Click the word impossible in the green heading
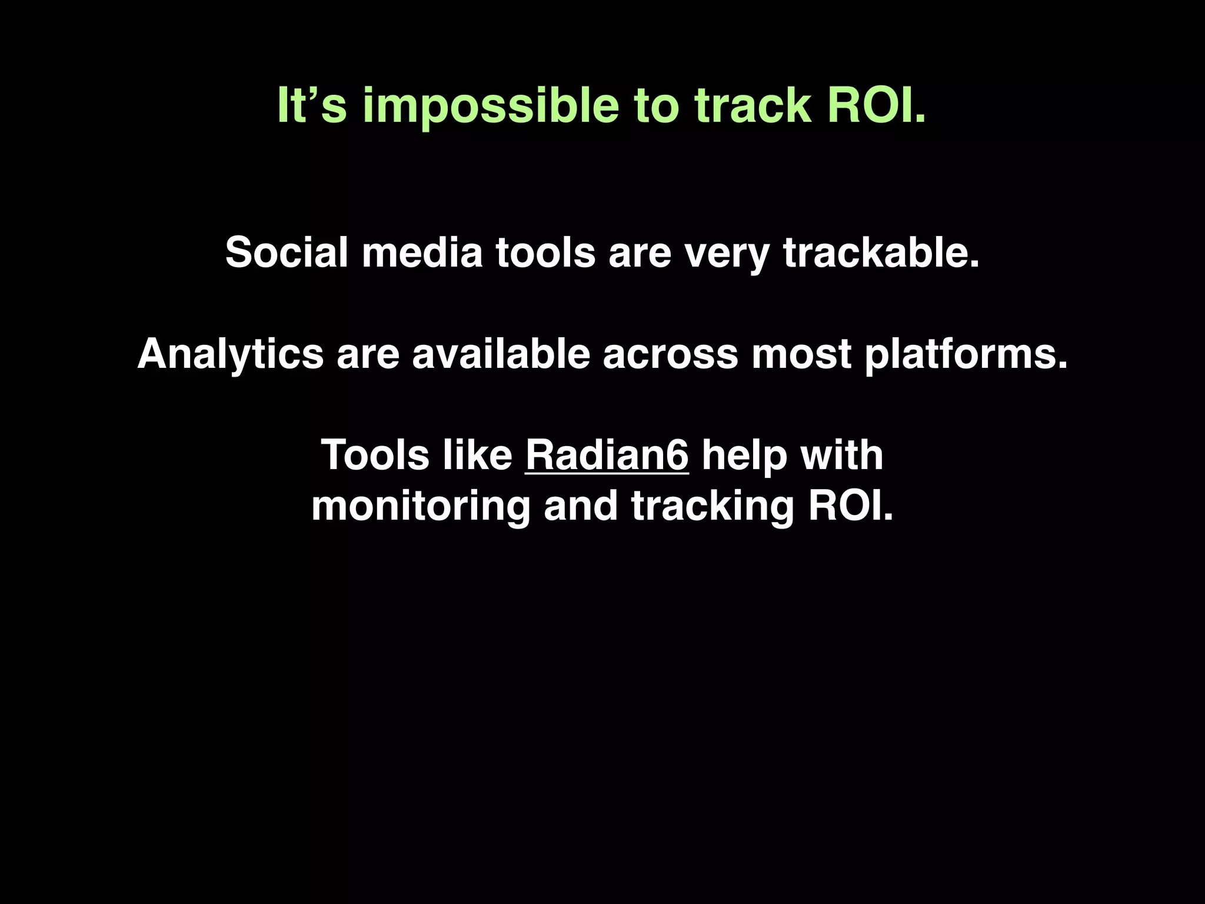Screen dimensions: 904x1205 coord(490,106)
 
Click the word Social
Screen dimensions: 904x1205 coord(287,252)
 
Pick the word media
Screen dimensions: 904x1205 coord(421,252)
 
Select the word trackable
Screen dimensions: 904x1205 coord(881,252)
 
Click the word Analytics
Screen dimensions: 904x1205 coord(230,355)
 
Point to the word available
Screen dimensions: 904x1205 coord(501,354)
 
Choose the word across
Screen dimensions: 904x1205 coord(670,355)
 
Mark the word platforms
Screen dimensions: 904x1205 coord(966,355)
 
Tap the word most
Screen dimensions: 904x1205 coord(801,355)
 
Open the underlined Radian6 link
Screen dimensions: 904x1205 coord(607,456)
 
